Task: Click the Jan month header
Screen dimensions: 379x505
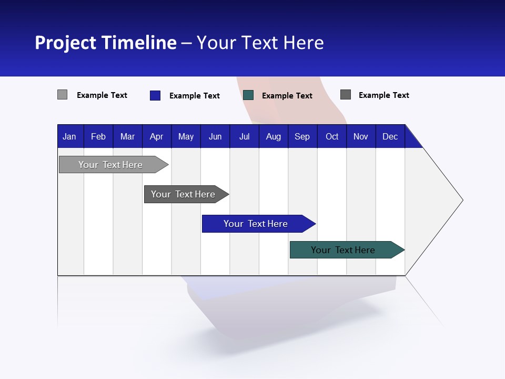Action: (69, 136)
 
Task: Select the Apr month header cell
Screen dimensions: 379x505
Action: (156, 136)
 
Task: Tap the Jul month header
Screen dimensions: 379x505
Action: (244, 136)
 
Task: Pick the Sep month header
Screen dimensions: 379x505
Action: (302, 136)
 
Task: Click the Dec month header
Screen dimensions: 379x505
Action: (390, 136)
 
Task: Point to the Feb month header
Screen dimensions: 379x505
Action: (98, 136)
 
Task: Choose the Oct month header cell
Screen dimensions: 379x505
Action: (332, 136)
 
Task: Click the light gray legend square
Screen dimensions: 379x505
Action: (62, 95)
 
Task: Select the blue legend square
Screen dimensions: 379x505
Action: (155, 95)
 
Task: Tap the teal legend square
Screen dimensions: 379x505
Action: (248, 95)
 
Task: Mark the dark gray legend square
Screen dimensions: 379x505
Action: (346, 95)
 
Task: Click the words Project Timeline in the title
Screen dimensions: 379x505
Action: (106, 43)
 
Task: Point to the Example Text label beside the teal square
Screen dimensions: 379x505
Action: (287, 96)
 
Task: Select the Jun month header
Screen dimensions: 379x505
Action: (215, 136)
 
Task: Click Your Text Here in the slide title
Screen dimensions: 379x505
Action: (260, 43)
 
